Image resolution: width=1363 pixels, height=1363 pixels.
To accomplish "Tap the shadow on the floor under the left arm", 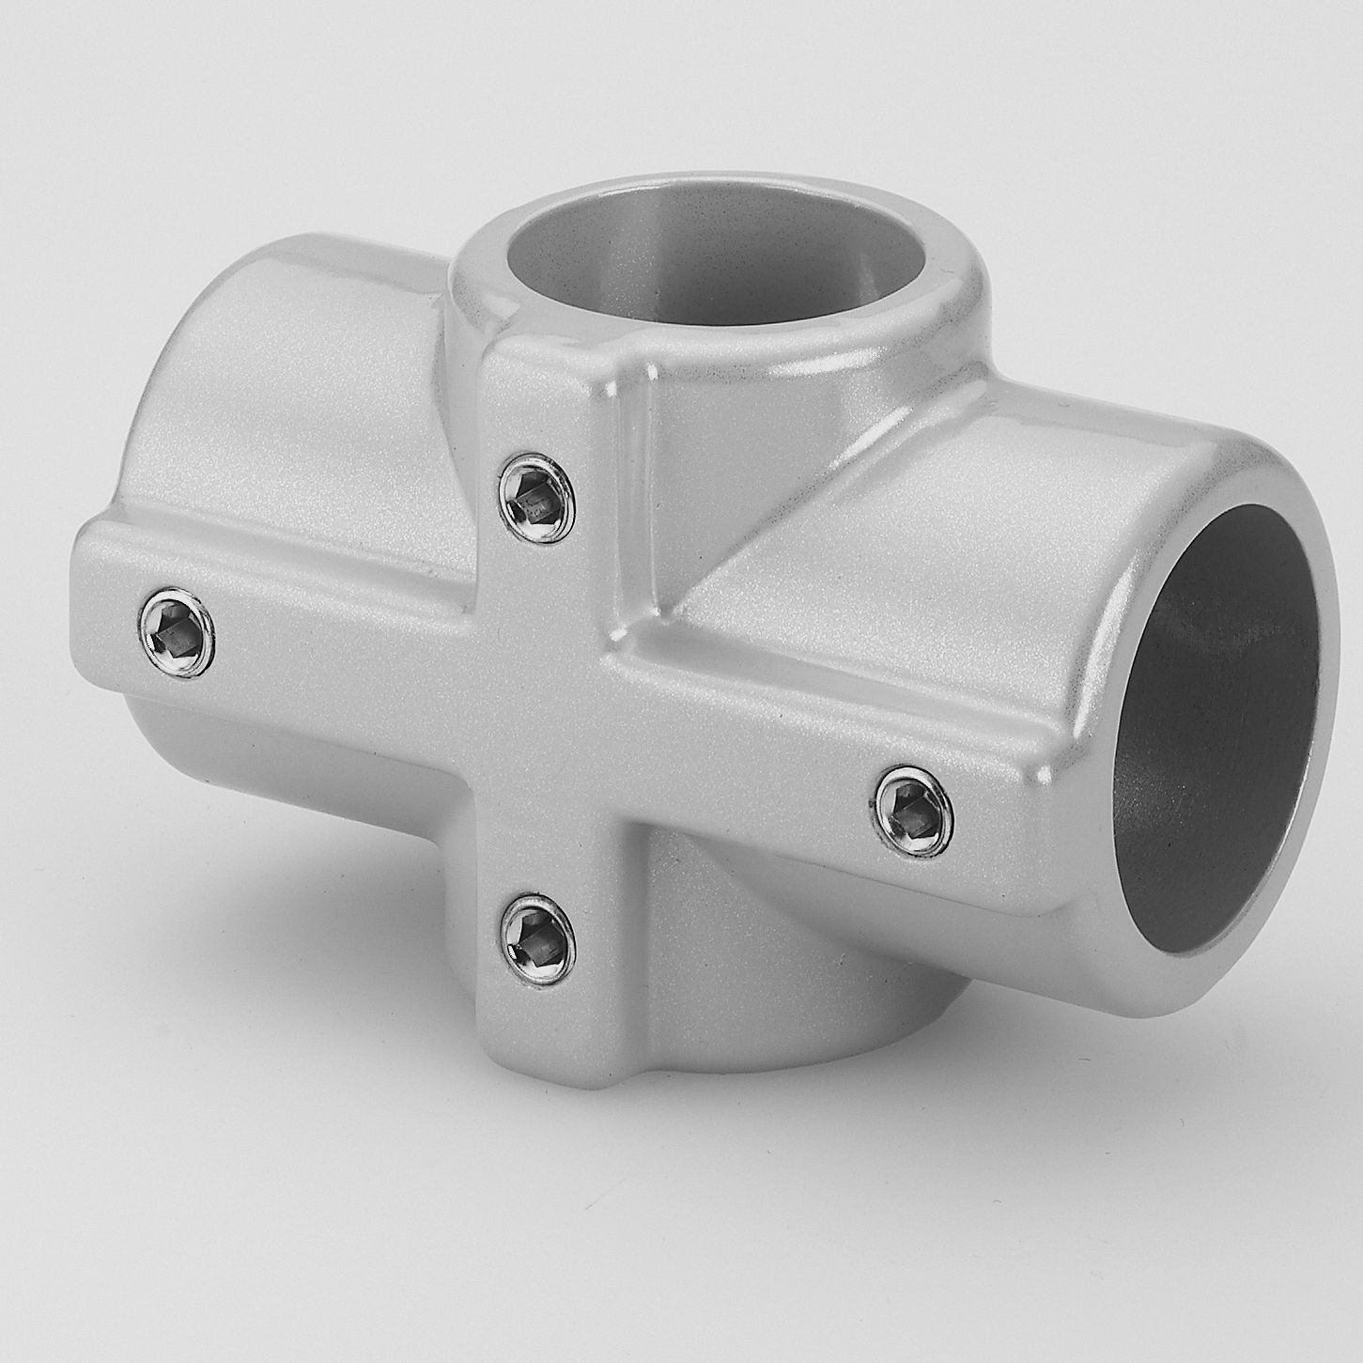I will pos(282,902).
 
